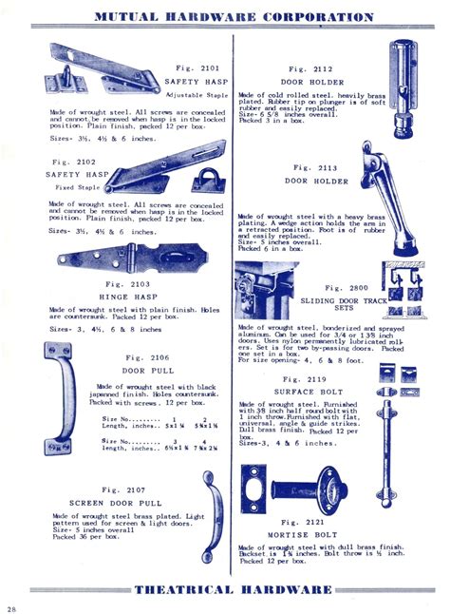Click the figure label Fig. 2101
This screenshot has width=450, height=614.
pos(197,68)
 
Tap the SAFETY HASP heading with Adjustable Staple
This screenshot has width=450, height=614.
pos(194,82)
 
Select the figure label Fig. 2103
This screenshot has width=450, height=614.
pos(125,283)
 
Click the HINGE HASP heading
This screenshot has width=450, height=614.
pos(125,297)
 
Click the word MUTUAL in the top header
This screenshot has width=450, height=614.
pos(129,16)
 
